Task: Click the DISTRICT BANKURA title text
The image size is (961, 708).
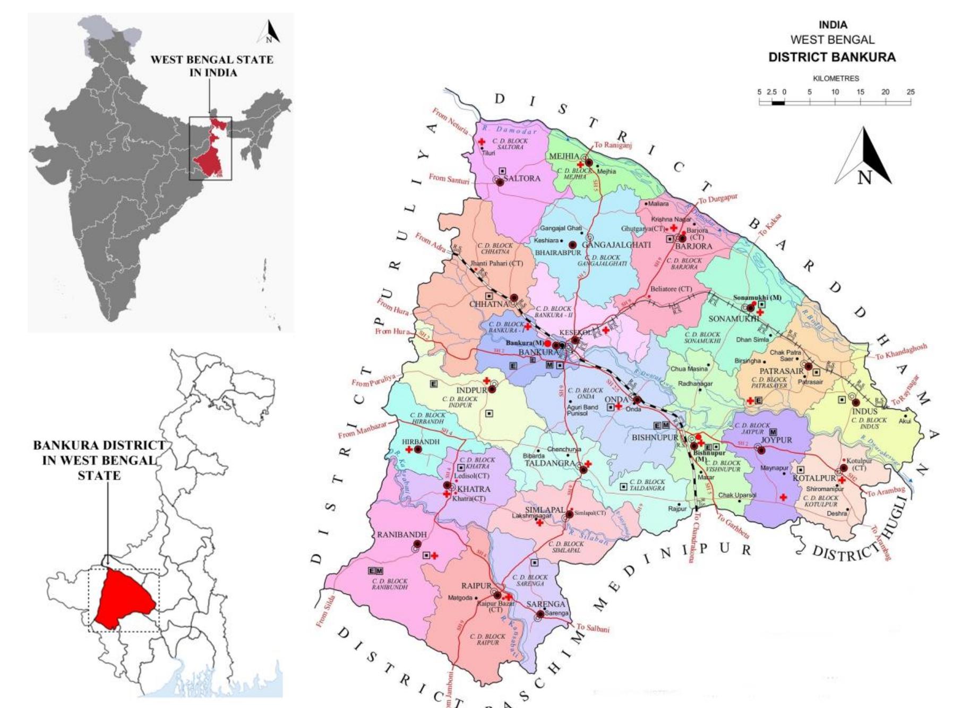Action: coord(832,57)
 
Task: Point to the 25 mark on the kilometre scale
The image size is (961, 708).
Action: coord(911,92)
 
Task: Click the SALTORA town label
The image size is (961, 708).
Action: coord(522,178)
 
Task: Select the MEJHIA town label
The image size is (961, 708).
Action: coord(564,156)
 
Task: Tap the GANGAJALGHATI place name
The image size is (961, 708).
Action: coord(616,245)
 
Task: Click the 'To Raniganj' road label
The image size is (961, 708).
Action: coord(613,145)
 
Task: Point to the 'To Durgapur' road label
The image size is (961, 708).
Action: coord(718,200)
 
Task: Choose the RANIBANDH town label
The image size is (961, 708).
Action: coord(401,534)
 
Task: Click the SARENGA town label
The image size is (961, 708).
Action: coord(546,604)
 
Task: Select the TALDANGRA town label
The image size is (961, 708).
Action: coord(550,463)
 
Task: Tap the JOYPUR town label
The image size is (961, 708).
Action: coord(776,440)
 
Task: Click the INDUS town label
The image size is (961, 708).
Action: coord(864,412)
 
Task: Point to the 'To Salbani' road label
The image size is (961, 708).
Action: coord(593,628)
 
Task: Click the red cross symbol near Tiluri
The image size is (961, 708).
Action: coord(482,142)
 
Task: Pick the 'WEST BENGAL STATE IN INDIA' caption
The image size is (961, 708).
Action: coord(212,66)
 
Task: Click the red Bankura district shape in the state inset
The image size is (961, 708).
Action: coord(125,598)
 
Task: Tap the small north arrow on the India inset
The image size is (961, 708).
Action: coord(269,32)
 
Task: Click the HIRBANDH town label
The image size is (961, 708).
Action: coord(421,442)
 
